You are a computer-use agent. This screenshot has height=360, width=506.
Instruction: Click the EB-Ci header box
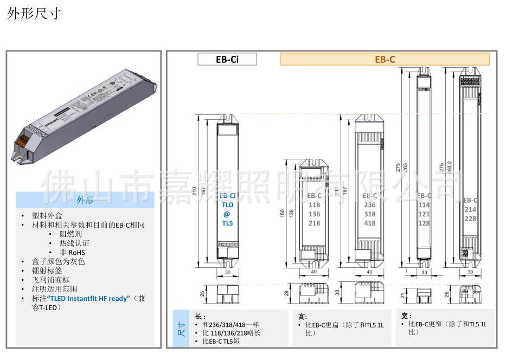click(x=227, y=59)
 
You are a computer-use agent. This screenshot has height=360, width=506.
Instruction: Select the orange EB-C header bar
click(x=385, y=59)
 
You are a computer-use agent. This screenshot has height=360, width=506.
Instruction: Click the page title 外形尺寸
click(x=33, y=14)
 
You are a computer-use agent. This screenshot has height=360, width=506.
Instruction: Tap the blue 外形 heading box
click(x=85, y=200)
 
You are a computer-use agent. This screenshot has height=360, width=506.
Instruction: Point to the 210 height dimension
click(x=195, y=191)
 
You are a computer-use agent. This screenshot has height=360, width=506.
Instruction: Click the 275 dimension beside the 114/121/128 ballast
click(x=398, y=168)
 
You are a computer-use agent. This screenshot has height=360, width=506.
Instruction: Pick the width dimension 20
click(x=425, y=272)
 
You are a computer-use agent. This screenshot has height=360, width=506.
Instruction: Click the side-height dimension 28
click(x=287, y=293)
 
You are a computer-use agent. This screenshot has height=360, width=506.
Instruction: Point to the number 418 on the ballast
click(x=369, y=223)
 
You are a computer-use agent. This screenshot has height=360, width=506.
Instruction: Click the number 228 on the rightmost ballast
click(x=470, y=218)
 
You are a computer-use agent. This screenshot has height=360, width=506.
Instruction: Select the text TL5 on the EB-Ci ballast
click(x=227, y=223)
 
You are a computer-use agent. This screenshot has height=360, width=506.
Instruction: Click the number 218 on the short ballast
click(x=314, y=223)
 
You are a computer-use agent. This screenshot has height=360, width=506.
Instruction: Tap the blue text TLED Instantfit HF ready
click(x=88, y=298)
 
